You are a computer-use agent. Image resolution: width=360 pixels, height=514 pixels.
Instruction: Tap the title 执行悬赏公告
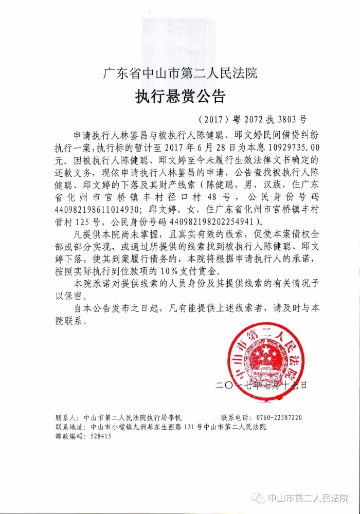click(x=180, y=97)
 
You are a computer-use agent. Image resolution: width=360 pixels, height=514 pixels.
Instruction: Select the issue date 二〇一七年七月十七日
click(x=262, y=384)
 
